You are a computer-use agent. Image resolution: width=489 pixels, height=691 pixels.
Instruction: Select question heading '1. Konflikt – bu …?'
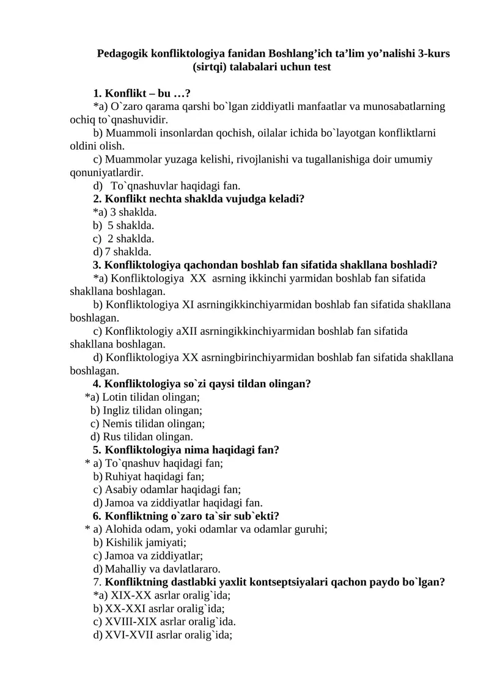tap(142, 93)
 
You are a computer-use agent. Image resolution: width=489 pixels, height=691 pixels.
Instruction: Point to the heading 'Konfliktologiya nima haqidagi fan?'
tap(192, 450)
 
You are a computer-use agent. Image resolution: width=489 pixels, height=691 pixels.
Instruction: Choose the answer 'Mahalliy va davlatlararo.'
tap(163, 569)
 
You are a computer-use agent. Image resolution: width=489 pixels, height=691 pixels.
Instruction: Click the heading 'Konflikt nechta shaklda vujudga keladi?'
tap(205, 199)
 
